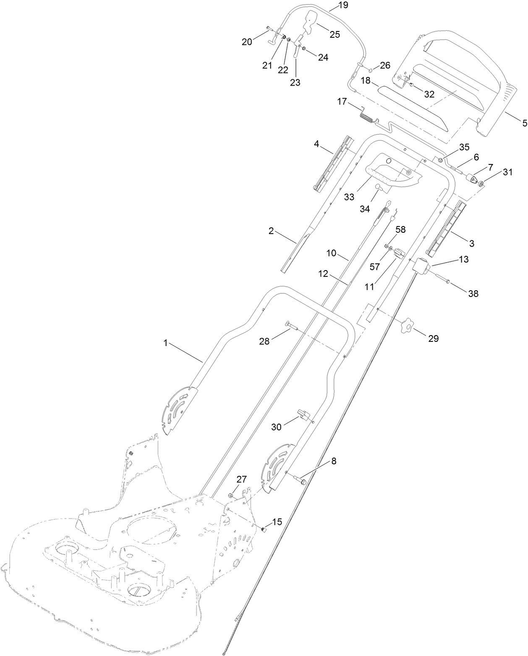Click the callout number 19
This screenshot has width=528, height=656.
pyautogui.click(x=343, y=5)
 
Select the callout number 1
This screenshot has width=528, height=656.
pyautogui.click(x=165, y=343)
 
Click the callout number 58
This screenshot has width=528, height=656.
pyautogui.click(x=401, y=229)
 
